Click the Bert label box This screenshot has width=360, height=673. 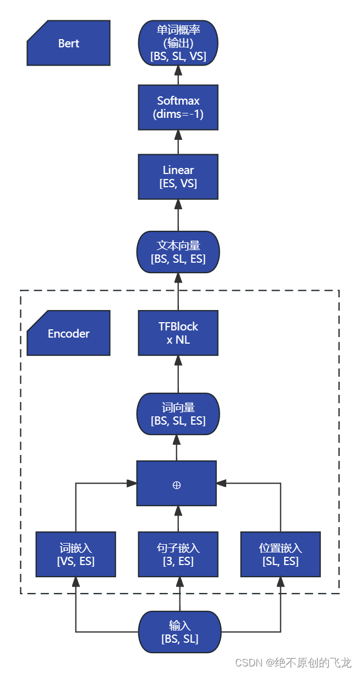coord(68,43)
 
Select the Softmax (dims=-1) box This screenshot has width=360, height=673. coord(178,107)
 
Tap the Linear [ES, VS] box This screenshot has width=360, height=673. coord(178,177)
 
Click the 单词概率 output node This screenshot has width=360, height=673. coord(178,43)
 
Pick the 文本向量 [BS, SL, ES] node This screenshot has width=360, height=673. coord(178,252)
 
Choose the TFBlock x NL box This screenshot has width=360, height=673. coord(178,333)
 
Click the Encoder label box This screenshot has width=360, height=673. coord(68,333)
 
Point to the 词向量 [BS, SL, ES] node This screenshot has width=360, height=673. coord(178,414)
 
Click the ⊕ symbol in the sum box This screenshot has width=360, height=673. coord(177,485)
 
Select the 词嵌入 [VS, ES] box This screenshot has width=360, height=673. coord(75,555)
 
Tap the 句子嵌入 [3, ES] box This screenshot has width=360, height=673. coord(178,555)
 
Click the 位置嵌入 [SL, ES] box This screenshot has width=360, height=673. coord(280,555)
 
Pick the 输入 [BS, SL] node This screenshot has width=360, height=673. coord(179,632)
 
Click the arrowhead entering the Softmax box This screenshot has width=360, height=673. coord(178,134)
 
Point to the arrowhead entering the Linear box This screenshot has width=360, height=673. coord(178,204)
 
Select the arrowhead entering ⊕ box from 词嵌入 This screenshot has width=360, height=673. coord(132,483)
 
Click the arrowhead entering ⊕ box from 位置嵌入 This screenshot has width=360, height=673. coord(221,483)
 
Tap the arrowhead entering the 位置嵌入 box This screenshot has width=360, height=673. coord(280,582)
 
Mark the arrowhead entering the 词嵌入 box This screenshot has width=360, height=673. coord(75,582)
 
